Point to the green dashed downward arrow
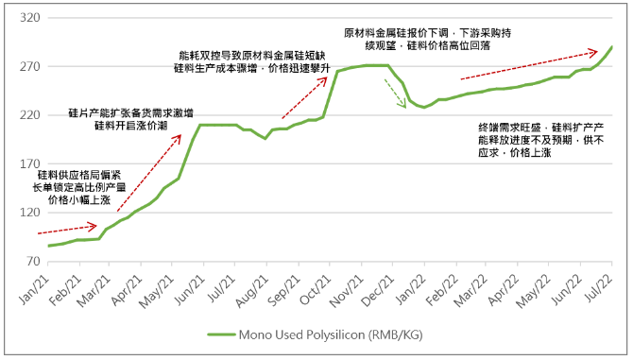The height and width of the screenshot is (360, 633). tap(394, 94)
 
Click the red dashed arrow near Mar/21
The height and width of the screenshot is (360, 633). tap(67, 229)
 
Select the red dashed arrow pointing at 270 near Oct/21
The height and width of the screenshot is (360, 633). tap(303, 97)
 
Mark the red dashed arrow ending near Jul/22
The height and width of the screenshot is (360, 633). tap(529, 64)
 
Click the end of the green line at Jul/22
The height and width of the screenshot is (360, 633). tap(611, 47)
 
